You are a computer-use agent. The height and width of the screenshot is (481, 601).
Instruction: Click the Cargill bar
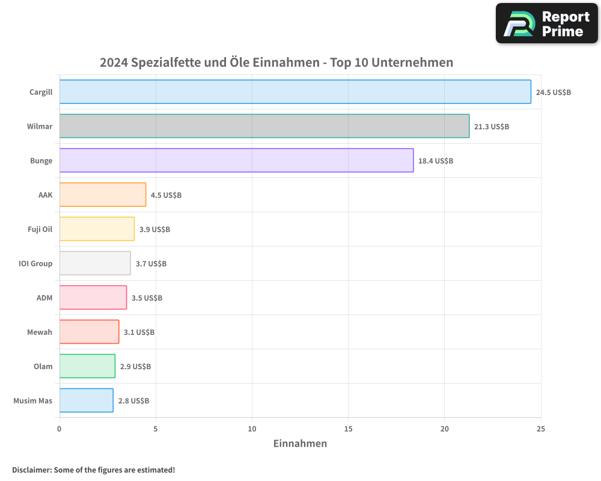pyautogui.click(x=295, y=92)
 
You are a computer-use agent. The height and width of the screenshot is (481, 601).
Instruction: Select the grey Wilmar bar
pyautogui.click(x=264, y=126)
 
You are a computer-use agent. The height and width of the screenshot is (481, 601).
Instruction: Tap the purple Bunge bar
pyautogui.click(x=236, y=161)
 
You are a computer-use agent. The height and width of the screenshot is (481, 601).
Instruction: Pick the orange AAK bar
pyautogui.click(x=103, y=195)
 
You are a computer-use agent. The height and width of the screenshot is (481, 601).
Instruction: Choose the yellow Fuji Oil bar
pyautogui.click(x=97, y=229)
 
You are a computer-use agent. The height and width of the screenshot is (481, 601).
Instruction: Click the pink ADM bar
pyautogui.click(x=93, y=298)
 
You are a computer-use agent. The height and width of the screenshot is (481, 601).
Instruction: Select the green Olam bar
pyautogui.click(x=87, y=366)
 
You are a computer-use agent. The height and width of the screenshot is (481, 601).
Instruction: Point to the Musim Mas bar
pyautogui.click(x=87, y=400)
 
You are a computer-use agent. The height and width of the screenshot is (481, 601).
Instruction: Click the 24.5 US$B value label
pyautogui.click(x=553, y=93)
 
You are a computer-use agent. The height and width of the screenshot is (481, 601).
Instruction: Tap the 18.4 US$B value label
pyautogui.click(x=435, y=161)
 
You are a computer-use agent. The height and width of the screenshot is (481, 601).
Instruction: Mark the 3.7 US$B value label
pyautogui.click(x=150, y=264)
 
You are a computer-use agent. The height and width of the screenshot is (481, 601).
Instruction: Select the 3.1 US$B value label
pyautogui.click(x=139, y=332)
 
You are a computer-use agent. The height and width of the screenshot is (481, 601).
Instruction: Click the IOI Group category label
pyautogui.click(x=35, y=263)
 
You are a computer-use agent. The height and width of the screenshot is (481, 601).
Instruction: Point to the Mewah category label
pyautogui.click(x=40, y=332)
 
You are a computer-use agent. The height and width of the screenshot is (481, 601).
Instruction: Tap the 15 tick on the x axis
pyautogui.click(x=349, y=429)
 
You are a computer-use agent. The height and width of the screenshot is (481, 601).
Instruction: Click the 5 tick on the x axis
pyautogui.click(x=156, y=429)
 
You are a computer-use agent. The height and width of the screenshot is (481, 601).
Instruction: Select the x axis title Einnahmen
pyautogui.click(x=300, y=444)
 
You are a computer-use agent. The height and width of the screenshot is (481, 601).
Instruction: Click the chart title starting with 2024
pyautogui.click(x=276, y=63)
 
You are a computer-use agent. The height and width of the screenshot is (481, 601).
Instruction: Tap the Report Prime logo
pyautogui.click(x=546, y=23)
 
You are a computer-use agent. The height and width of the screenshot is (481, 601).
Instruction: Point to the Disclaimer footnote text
pyautogui.click(x=94, y=470)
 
